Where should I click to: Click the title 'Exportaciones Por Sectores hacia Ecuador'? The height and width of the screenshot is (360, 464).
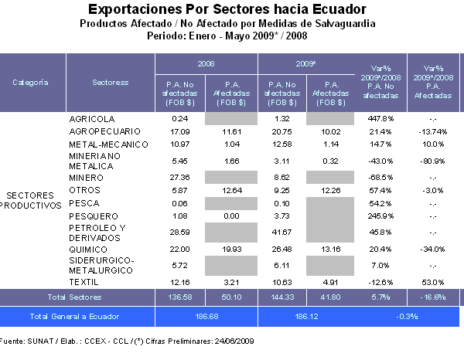(227, 10)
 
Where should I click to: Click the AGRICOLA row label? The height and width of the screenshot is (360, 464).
(92, 119)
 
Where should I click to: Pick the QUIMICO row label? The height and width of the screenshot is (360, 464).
(87, 249)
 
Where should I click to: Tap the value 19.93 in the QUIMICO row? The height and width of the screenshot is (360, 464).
(230, 249)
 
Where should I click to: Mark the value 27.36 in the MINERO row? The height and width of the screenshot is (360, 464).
(180, 178)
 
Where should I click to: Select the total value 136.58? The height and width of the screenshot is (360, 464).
(180, 297)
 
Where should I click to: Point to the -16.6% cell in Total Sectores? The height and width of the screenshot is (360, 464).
(433, 297)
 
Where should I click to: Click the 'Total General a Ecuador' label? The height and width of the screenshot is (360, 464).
(76, 317)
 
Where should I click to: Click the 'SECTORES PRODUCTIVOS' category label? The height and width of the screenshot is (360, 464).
(31, 200)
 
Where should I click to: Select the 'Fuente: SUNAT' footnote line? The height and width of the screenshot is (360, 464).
(127, 341)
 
